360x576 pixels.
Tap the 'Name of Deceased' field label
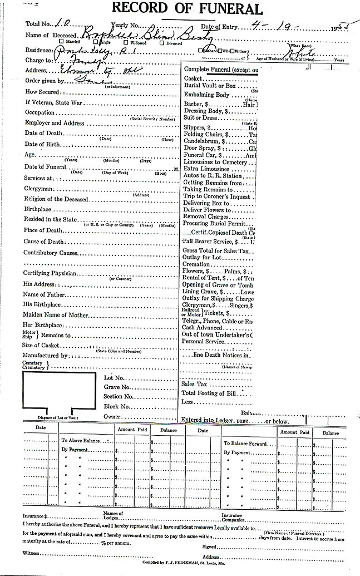(x=48, y=36)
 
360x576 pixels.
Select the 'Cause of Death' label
(x=43, y=242)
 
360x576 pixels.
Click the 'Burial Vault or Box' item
(x=210, y=86)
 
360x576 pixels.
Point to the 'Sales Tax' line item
(x=194, y=384)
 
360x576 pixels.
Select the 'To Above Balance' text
(x=82, y=440)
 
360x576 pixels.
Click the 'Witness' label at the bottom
(x=32, y=553)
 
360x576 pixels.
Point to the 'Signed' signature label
(x=209, y=547)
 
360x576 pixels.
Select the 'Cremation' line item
(x=196, y=264)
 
